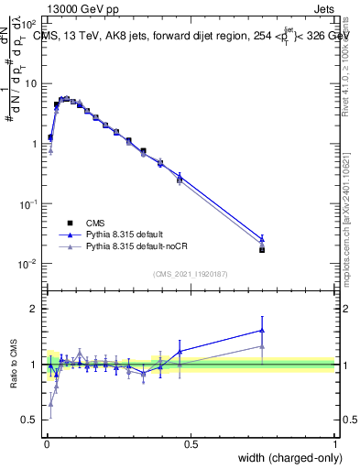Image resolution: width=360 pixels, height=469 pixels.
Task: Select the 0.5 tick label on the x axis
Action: pos(191,444)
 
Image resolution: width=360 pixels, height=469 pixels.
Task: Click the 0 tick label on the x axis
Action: pos(46,444)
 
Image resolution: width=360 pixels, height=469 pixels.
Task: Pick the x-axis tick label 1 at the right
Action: pos(334,444)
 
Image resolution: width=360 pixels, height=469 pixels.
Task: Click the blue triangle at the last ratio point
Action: pos(262,331)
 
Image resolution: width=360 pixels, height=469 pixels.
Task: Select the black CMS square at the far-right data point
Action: pos(262,249)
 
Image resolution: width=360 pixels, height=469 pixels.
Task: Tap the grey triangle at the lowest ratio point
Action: pos(49,403)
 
